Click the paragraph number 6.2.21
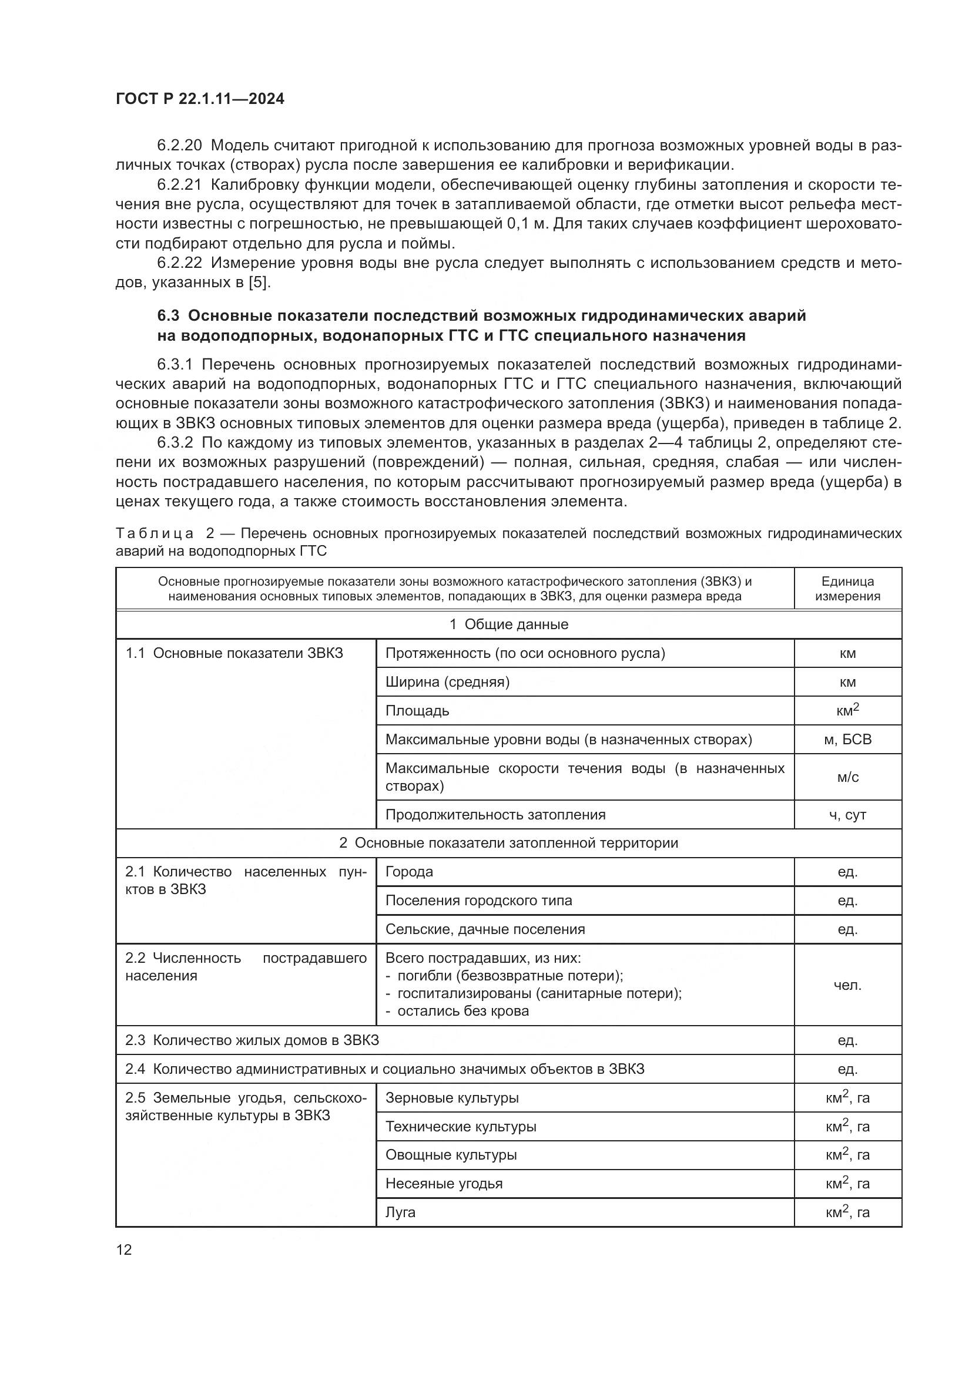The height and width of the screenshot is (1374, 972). pos(179,185)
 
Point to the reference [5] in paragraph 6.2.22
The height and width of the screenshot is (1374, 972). pos(259,283)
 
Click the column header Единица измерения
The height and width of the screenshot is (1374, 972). pos(847,588)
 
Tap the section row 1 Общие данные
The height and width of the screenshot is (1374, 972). pos(508,625)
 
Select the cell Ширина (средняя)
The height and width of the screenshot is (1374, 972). pos(447,682)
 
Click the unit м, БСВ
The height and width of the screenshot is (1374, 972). pos(847,740)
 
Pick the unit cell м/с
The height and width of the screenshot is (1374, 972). pos(847,777)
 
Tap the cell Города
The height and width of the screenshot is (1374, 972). pos(409,872)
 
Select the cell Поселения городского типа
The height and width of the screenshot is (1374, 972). pos(478,901)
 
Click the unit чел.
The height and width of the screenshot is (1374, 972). pos(847,985)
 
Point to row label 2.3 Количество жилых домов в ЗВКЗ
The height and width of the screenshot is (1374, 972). pos(252,1040)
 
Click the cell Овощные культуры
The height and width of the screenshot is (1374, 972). pos(451,1155)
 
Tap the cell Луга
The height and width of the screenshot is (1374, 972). pos(400,1212)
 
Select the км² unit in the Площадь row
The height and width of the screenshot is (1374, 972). pos(847,710)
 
